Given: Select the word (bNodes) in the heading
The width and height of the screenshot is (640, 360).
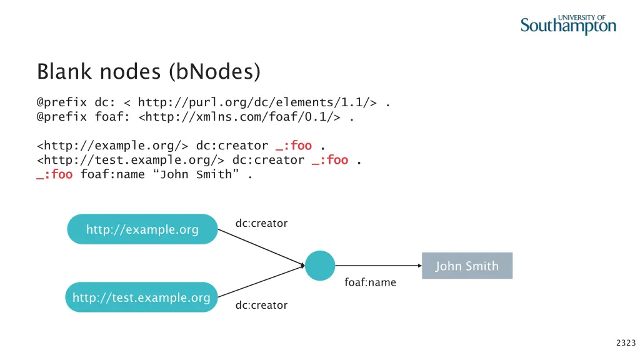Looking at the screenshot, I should click(214, 71).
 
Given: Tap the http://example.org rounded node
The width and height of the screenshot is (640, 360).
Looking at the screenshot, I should click(142, 229).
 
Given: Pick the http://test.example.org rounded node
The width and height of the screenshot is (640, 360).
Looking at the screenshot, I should click(141, 297).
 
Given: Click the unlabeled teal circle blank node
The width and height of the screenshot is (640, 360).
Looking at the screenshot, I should click(320, 266).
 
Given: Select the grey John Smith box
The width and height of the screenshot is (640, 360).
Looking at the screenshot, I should click(467, 266).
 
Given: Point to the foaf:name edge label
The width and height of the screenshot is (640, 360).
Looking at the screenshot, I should click(370, 282).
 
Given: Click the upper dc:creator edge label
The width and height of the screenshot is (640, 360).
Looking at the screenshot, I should click(261, 223).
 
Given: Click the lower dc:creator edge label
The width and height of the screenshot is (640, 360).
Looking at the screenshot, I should click(261, 305).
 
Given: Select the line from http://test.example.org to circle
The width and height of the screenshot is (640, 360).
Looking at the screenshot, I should click(261, 282).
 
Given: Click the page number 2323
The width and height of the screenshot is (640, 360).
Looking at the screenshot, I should click(626, 342).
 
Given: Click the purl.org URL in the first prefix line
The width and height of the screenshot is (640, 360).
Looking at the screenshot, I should click(257, 102).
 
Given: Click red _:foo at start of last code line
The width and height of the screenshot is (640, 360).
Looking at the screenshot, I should click(54, 174).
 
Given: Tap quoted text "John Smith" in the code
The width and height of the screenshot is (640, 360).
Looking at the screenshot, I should click(195, 174).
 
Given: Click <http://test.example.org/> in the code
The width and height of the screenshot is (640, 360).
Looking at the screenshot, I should click(131, 160).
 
